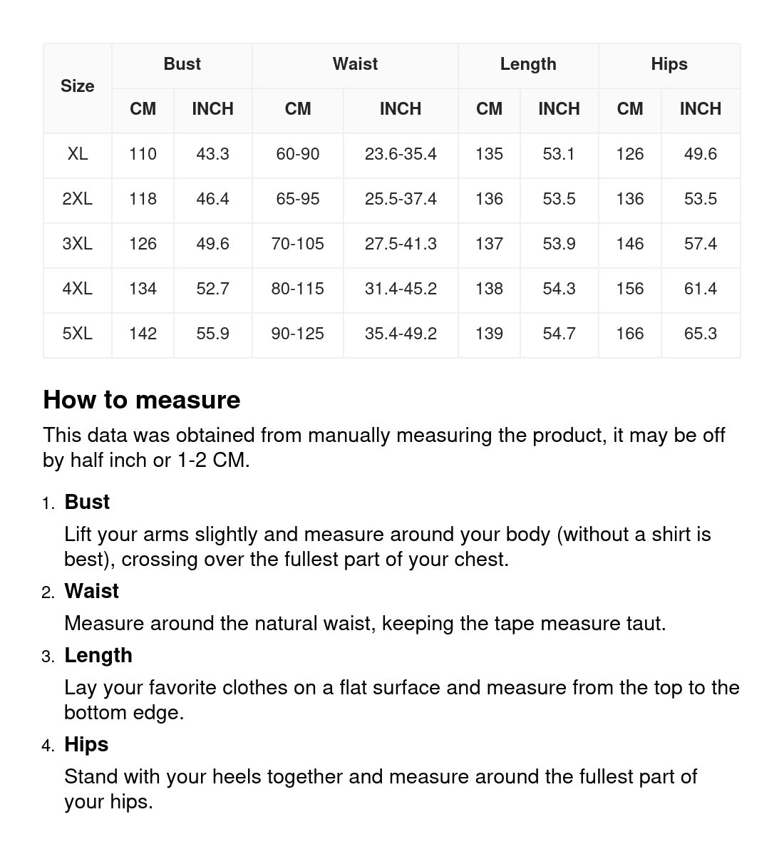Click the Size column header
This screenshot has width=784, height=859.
tap(77, 86)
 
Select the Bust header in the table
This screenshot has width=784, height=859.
tap(182, 64)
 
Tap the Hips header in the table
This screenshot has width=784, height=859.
tap(669, 64)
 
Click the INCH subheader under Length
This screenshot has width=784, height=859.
tap(559, 109)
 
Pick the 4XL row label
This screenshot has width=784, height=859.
tap(77, 289)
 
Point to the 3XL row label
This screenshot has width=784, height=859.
tap(77, 244)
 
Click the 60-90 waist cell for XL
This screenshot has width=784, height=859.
tap(297, 154)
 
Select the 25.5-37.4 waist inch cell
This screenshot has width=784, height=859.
tap(401, 199)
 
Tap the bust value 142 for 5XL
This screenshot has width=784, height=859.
tap(143, 334)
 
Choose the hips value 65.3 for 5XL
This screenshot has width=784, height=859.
tap(700, 334)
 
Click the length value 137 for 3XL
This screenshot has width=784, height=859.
tap(489, 244)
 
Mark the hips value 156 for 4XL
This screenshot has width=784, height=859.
tap(629, 289)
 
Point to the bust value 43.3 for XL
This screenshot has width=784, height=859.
tap(212, 154)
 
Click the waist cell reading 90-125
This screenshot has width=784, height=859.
tap(297, 334)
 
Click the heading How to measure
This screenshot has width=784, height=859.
tap(142, 400)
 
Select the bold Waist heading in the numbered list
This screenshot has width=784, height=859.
tap(91, 591)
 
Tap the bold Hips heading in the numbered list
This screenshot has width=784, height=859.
tap(86, 744)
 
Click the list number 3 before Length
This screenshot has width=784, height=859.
tap(48, 657)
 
